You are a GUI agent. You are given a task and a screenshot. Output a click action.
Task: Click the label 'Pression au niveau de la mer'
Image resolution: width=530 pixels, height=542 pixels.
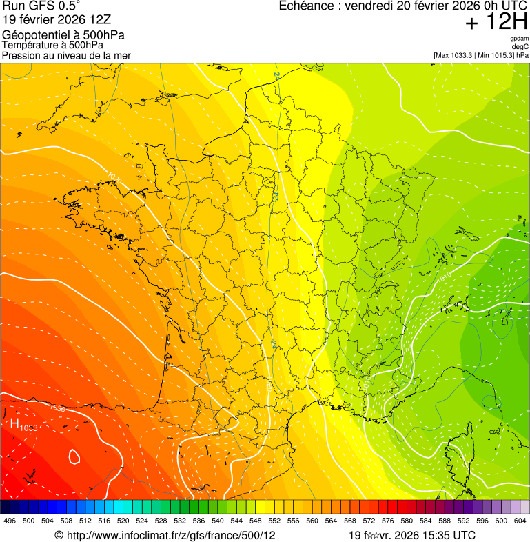[x=66, y=55]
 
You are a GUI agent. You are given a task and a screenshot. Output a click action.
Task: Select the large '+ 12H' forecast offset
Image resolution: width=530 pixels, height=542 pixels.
[x=496, y=22]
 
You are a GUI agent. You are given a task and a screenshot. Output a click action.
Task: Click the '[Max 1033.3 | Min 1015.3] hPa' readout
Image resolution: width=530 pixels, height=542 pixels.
[x=481, y=55]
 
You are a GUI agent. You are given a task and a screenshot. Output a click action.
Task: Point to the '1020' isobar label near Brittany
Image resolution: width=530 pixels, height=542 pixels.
[x=115, y=181]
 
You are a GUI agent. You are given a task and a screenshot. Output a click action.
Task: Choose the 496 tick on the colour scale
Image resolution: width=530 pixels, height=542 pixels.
[x=10, y=521]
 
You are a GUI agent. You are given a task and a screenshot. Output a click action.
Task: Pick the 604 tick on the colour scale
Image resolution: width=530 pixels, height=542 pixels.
[x=520, y=521]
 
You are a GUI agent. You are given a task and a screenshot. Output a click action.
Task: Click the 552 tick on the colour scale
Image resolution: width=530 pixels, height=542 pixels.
[x=274, y=521]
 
